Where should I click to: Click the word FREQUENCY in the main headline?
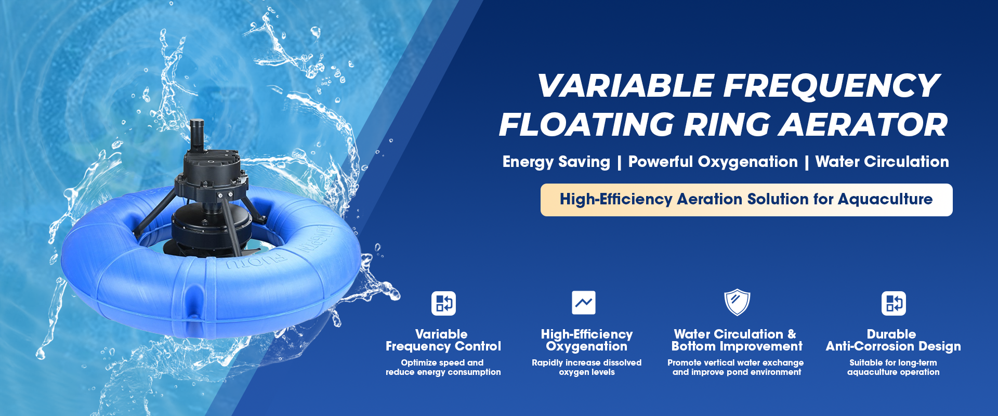[x=831, y=86]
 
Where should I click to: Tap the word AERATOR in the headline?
[x=864, y=125]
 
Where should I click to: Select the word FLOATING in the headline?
[x=586, y=125]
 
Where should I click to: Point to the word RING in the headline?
[x=727, y=125]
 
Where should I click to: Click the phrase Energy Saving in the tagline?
[x=556, y=162]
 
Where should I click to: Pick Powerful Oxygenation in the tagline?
[x=713, y=162]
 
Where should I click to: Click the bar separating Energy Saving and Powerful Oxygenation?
[x=619, y=162]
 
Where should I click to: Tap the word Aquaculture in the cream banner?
[x=885, y=199]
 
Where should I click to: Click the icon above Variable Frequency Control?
[x=443, y=303]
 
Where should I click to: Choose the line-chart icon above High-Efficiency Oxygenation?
[x=584, y=303]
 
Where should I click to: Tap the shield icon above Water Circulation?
[x=737, y=303]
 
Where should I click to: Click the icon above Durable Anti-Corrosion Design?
[x=894, y=303]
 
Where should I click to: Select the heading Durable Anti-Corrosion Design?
[x=893, y=341]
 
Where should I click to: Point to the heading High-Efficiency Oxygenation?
[x=587, y=341]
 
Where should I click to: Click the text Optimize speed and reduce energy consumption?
[x=443, y=367]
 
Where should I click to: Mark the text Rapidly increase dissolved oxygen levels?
[x=586, y=367]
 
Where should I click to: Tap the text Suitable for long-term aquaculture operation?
[x=893, y=367]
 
